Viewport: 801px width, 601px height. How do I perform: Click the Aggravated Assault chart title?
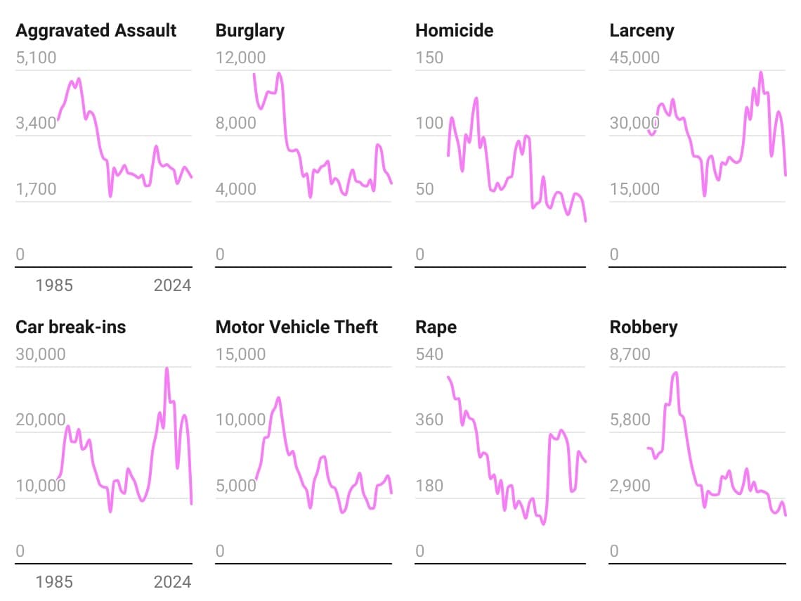pyautogui.click(x=96, y=31)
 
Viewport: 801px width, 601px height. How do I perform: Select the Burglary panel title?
pyautogui.click(x=249, y=31)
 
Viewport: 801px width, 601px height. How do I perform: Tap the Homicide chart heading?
pyautogui.click(x=454, y=31)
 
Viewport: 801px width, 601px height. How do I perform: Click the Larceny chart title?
pyautogui.click(x=642, y=31)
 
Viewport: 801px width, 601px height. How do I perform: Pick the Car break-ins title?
pyautogui.click(x=70, y=327)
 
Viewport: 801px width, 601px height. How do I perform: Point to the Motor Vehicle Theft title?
pyautogui.click(x=297, y=327)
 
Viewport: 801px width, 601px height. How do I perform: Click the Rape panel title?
pyautogui.click(x=436, y=327)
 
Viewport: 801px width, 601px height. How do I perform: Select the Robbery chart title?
pyautogui.click(x=644, y=327)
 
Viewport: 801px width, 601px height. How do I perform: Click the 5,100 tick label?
pyautogui.click(x=36, y=58)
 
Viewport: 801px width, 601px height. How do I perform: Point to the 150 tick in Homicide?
pyautogui.click(x=429, y=58)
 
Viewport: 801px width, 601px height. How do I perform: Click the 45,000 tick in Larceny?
pyautogui.click(x=634, y=58)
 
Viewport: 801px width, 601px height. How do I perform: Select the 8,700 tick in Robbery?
pyautogui.click(x=630, y=354)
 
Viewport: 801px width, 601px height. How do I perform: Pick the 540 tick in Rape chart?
pyautogui.click(x=429, y=354)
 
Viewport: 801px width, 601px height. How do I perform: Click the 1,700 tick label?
pyautogui.click(x=36, y=189)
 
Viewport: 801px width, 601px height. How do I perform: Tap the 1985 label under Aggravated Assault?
pyautogui.click(x=54, y=285)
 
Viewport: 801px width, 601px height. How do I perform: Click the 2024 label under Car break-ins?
pyautogui.click(x=172, y=581)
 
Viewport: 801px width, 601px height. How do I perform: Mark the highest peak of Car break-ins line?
pyautogui.click(x=167, y=368)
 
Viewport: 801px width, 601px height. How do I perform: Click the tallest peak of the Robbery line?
pyautogui.click(x=675, y=373)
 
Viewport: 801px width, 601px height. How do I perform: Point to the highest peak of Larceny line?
pyautogui.click(x=760, y=72)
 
